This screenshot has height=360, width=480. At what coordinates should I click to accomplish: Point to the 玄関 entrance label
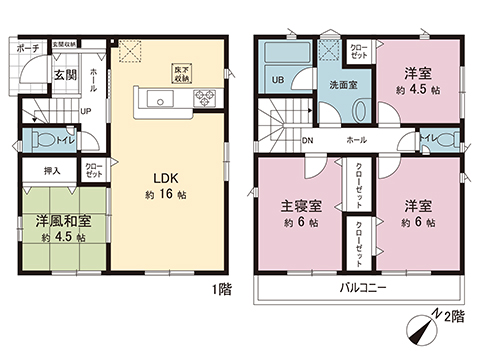click(65, 75)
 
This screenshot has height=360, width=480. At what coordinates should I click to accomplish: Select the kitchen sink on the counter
click(160, 98)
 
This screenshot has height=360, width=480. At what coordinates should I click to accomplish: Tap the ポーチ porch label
click(28, 46)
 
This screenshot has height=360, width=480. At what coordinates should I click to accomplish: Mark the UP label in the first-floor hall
click(86, 111)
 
